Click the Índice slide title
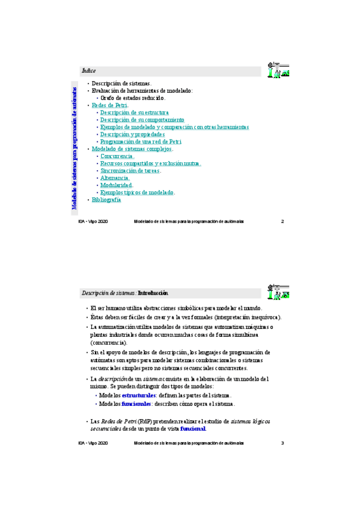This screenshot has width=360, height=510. [88, 71]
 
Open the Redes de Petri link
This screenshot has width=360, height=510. [109, 105]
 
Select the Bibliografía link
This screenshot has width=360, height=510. [106, 200]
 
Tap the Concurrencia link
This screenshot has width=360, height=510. [117, 156]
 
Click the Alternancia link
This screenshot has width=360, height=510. [115, 178]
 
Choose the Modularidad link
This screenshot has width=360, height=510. [116, 185]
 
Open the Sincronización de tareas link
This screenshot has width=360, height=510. [130, 171]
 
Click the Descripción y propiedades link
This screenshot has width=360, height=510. [132, 135]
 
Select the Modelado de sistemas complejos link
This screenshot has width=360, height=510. [132, 149]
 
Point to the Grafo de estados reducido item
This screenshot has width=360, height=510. [132, 98]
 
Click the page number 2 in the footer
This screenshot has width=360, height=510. [282, 222]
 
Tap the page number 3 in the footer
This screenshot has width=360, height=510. [282, 443]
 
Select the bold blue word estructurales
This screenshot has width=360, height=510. [138, 395]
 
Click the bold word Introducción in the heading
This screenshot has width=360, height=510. [153, 293]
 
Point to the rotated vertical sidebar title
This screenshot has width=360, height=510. [74, 148]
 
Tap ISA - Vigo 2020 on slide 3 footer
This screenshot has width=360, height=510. [93, 443]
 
